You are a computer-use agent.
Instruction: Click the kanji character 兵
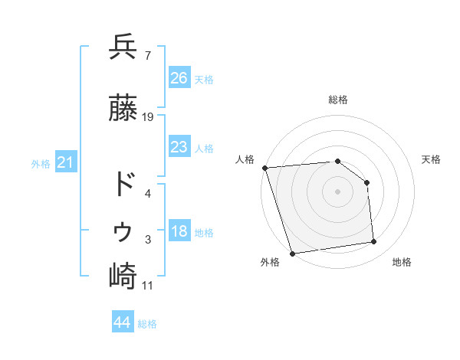[x=123, y=47]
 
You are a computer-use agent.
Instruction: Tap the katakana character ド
[x=123, y=185]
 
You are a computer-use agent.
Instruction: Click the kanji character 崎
[x=123, y=276]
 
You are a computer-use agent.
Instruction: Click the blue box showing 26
[x=179, y=78]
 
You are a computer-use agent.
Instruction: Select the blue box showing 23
[x=179, y=147]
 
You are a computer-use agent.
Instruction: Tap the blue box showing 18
[x=179, y=231]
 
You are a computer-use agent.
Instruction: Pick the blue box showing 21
[x=66, y=162]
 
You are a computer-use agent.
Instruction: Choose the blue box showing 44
[x=123, y=322]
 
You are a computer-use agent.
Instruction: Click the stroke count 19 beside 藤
[x=149, y=117]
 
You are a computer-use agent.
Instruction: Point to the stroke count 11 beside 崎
[x=149, y=286]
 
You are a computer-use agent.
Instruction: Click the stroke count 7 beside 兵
[x=147, y=55]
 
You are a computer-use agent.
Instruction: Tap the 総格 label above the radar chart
[x=338, y=100]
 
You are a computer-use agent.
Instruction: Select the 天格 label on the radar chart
[x=432, y=159]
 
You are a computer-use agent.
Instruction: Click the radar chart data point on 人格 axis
[x=264, y=168]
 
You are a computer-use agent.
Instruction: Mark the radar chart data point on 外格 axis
[x=292, y=253]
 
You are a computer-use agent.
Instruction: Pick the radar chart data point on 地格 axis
[x=374, y=242]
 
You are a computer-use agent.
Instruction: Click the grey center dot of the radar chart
[x=338, y=191]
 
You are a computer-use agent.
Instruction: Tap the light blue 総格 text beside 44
[x=147, y=324]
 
